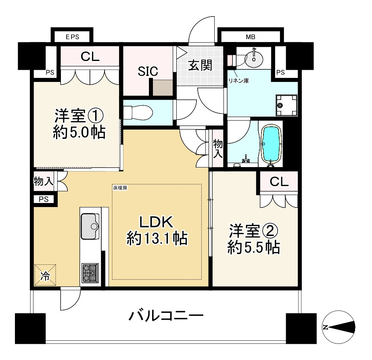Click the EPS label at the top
point(72,37)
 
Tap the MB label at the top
point(251,37)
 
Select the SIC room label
point(148,72)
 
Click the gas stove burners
point(90,273)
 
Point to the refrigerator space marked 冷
point(45,276)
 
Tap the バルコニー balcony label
point(165,316)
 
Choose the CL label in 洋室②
point(279,182)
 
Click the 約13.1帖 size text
point(157,239)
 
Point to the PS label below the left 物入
point(44,199)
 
